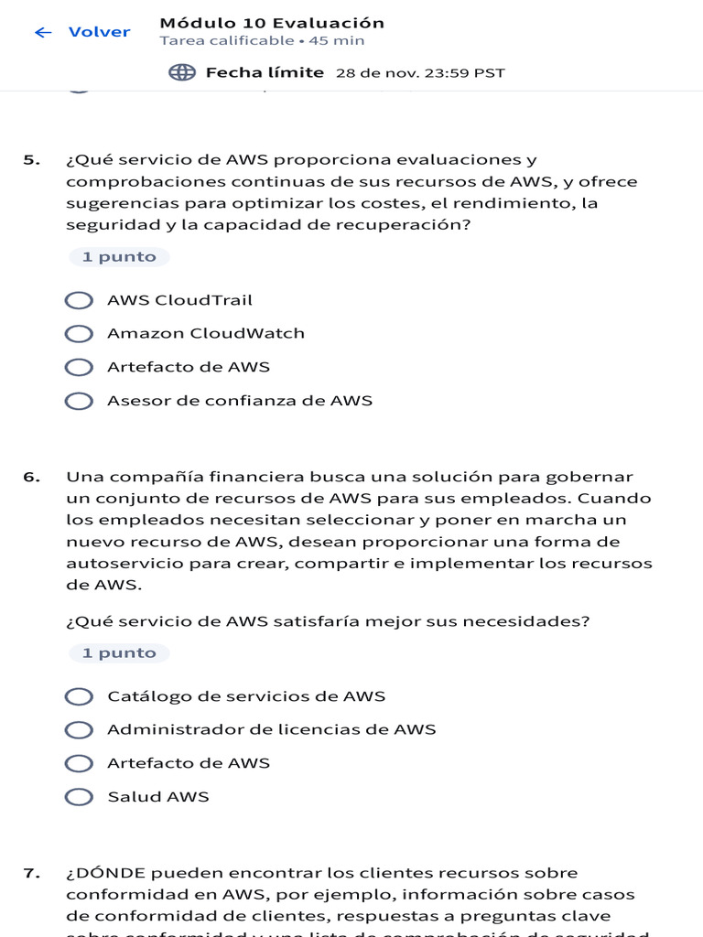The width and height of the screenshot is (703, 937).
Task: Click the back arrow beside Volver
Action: pos(42,32)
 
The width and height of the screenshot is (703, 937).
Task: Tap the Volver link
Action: pos(99,32)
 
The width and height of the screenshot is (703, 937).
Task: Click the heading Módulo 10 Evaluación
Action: pos(272,23)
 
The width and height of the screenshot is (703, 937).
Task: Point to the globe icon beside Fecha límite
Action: pos(182,72)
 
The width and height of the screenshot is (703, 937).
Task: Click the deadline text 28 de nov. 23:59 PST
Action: pos(420,73)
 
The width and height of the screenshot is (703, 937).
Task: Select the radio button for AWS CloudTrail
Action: pos(80,300)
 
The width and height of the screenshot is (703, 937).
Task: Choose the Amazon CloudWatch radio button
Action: pos(80,334)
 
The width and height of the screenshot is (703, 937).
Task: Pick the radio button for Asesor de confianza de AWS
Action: pos(80,401)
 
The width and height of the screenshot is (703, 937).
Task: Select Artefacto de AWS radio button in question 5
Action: pos(80,367)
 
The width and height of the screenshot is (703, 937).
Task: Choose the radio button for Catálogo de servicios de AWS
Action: pos(80,696)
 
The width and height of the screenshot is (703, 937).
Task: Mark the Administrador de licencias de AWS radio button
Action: pos(80,730)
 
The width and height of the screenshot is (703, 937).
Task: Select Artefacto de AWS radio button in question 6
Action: pos(80,763)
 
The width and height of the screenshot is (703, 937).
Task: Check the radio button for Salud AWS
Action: pos(80,797)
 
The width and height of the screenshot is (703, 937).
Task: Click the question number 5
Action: pos(32,160)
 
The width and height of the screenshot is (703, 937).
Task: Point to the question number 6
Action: pos(32,477)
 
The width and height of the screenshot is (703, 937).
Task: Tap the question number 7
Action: pos(32,873)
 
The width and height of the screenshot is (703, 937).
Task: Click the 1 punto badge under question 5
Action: pos(119,257)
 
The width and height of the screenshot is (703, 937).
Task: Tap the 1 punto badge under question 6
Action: pos(119,653)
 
